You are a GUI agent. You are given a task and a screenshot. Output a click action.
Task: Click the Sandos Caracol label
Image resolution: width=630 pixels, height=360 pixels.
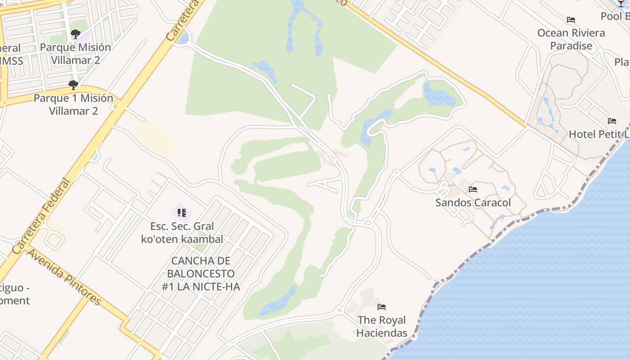473,202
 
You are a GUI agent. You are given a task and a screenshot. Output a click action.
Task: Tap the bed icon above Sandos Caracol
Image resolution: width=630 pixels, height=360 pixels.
473,189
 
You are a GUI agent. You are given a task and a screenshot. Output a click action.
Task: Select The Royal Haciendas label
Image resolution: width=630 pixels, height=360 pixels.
382,326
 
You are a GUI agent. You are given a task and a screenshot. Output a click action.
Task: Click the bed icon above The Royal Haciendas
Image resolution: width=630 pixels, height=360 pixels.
382,307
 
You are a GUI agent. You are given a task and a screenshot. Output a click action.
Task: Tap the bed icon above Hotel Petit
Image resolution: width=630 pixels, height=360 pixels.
612,121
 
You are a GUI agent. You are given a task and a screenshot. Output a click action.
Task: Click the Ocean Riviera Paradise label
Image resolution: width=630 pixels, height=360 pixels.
571,39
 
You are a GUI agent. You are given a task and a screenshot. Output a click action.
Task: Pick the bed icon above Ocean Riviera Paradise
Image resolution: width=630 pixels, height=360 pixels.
571,20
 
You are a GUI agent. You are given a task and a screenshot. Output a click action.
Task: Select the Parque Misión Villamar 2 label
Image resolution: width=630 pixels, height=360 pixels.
75,53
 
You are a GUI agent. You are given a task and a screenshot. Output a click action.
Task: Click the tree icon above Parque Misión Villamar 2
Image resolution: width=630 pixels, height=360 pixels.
75,34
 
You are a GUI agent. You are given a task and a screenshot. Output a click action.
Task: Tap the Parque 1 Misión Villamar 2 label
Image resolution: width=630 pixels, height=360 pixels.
73,104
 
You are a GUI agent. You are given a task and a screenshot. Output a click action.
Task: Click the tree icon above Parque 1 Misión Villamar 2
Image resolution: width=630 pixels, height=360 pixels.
73,85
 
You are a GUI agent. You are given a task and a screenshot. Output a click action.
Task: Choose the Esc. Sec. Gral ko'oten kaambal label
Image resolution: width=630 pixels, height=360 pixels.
182,232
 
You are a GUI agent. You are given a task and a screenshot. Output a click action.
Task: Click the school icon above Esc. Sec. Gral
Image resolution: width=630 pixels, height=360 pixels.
182,212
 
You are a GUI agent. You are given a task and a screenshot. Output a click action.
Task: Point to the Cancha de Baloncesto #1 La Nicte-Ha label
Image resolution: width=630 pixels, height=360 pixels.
201,273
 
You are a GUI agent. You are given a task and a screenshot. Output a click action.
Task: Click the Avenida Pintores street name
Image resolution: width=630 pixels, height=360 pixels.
63,277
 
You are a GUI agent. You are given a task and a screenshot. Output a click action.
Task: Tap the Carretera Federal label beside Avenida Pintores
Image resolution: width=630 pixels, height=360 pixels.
41,216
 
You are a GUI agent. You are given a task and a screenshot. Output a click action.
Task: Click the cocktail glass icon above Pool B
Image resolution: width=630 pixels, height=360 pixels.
621,4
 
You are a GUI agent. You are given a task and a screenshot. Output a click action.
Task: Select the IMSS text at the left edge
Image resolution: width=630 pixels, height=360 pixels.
12,60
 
